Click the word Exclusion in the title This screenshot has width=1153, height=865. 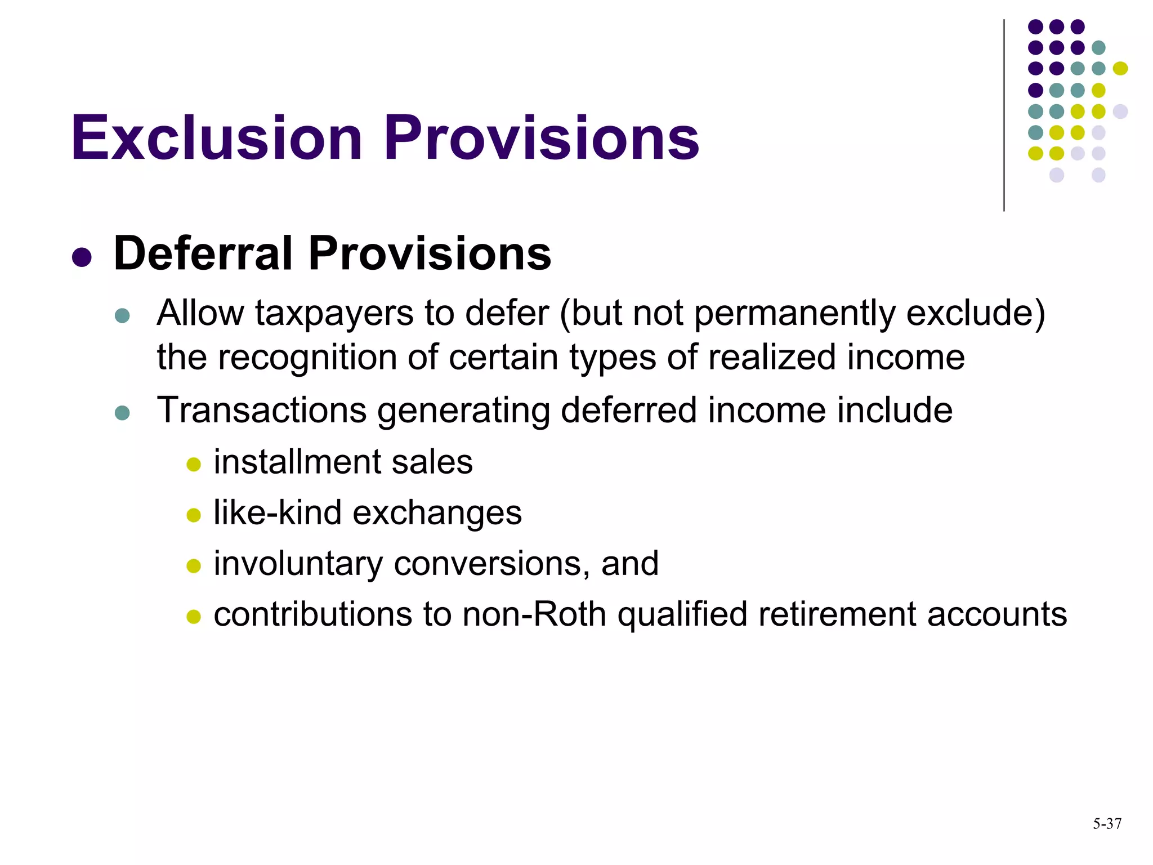[x=216, y=138]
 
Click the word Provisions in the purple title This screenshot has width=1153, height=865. [x=542, y=138]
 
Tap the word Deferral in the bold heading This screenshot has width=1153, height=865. [x=203, y=253]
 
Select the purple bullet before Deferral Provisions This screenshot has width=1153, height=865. [x=82, y=257]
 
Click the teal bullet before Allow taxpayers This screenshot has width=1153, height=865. [x=122, y=315]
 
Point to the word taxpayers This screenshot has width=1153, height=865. [x=334, y=313]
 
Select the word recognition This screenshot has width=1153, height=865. [x=307, y=357]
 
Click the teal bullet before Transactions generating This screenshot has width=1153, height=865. [x=122, y=413]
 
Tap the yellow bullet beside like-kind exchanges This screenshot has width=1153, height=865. [x=194, y=515]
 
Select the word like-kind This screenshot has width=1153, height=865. [x=278, y=512]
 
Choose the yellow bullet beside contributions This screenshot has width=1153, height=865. [x=194, y=617]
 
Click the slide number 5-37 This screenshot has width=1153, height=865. [x=1107, y=824]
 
